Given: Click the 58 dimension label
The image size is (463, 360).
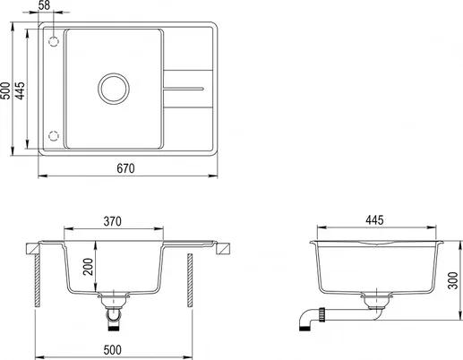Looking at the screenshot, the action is (x=44, y=5).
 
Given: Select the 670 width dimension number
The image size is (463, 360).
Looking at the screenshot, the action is (x=125, y=168).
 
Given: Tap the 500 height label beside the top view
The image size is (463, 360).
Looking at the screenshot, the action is (x=5, y=90).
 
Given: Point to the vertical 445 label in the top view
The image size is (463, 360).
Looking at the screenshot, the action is (x=20, y=90).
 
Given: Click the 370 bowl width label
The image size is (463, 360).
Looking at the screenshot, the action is (x=113, y=221).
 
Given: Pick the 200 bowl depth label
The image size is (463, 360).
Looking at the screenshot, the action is (x=89, y=267).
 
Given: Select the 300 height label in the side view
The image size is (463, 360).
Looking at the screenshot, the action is (x=453, y=280).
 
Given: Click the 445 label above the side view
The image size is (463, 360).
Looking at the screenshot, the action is (x=374, y=220).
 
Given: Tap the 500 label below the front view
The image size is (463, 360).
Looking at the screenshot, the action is (x=113, y=350).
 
